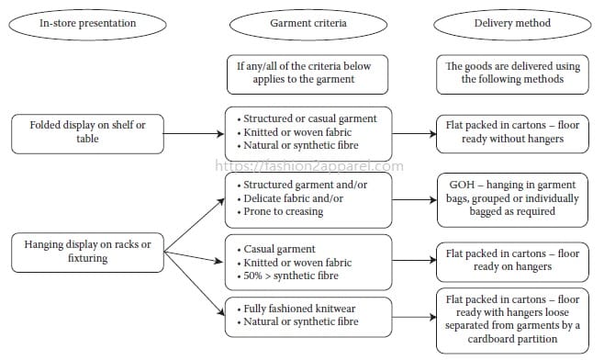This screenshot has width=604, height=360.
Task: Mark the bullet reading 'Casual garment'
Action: coord(281,249)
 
